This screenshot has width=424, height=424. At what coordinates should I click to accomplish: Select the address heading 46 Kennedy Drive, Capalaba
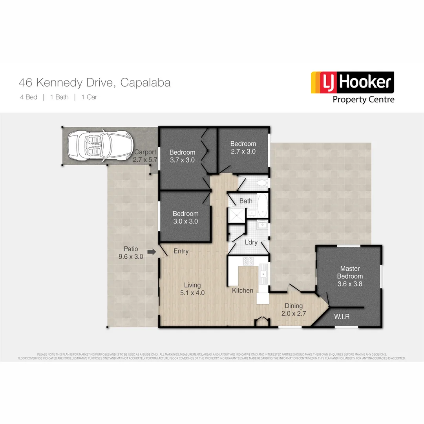(95, 83)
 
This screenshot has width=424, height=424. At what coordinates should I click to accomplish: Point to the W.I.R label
(342, 316)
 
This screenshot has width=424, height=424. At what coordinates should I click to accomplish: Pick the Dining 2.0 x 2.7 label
(293, 310)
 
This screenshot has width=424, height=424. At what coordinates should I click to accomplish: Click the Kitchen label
(242, 291)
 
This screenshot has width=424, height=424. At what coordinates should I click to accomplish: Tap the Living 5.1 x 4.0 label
(192, 289)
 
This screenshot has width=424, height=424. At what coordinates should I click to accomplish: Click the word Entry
(181, 251)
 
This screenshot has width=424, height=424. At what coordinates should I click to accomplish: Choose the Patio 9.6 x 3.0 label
(131, 252)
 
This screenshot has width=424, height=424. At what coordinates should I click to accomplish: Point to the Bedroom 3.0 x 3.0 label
(185, 217)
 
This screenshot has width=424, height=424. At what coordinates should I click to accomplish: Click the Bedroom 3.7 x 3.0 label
(182, 156)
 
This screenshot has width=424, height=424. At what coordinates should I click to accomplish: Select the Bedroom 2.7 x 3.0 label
(243, 147)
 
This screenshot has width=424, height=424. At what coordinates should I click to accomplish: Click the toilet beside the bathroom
(261, 183)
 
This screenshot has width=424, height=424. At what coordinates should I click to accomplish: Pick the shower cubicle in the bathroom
(237, 215)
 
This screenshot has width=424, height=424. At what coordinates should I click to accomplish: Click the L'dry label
(251, 242)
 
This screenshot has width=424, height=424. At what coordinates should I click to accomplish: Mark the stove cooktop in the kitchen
(248, 261)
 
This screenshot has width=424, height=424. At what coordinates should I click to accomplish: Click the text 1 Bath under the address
(59, 97)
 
